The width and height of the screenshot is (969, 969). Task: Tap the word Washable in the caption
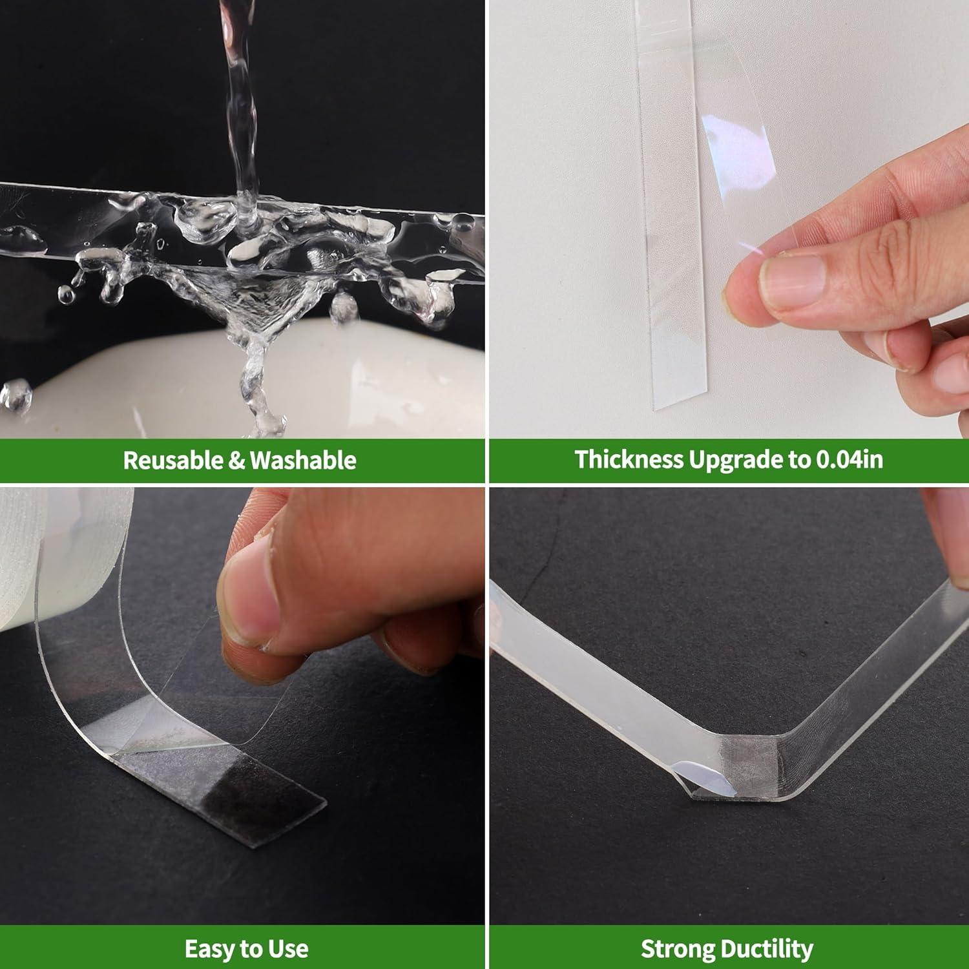tap(303, 460)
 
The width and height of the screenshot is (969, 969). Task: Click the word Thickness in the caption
tap(629, 459)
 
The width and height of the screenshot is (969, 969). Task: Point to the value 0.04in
tap(849, 459)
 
